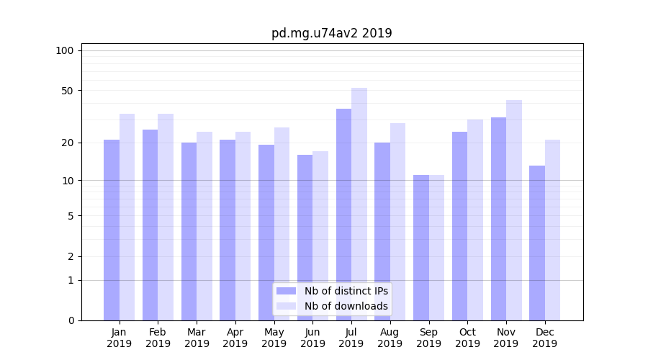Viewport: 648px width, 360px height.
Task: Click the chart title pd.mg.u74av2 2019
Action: [x=331, y=33]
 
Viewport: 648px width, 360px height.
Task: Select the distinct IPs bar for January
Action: [x=112, y=230]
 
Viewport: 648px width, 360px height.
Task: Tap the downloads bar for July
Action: [x=359, y=204]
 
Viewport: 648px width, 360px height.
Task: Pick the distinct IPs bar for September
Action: [x=421, y=248]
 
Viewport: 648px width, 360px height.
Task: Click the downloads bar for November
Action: [x=514, y=210]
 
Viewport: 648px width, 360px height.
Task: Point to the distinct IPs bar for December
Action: [x=537, y=243]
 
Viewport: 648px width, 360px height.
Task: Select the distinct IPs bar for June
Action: [x=305, y=238]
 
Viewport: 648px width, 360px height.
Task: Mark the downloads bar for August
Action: [x=398, y=222]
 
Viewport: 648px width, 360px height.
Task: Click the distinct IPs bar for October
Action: [x=459, y=226]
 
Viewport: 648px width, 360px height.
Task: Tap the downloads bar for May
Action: [x=282, y=224]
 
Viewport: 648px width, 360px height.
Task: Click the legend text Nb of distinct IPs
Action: [x=346, y=291]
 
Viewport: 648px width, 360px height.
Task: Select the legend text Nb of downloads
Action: [x=346, y=306]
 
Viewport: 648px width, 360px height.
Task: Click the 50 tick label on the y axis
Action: [x=68, y=91]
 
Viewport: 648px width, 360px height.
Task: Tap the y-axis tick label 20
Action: [x=68, y=143]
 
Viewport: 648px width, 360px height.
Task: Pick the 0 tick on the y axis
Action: [x=71, y=320]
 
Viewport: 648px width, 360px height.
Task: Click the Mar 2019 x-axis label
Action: [x=197, y=338]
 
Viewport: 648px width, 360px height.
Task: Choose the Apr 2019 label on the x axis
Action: [x=235, y=338]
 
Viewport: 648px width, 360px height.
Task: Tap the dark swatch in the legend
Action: [x=287, y=291]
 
